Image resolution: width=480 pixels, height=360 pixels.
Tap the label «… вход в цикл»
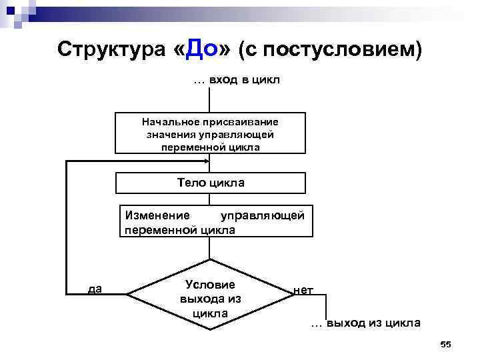[237, 81]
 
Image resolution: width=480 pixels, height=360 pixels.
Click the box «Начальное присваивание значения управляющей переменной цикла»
[211, 134]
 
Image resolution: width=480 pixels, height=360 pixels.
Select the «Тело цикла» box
[211, 183]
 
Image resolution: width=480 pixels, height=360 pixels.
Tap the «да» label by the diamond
[95, 289]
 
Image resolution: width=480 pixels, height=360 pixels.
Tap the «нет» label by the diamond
[303, 290]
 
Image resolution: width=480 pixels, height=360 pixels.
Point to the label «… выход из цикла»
[365, 323]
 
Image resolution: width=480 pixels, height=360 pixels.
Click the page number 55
[446, 344]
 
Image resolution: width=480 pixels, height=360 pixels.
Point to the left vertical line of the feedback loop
[67, 227]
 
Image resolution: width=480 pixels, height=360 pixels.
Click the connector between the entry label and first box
[210, 100]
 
